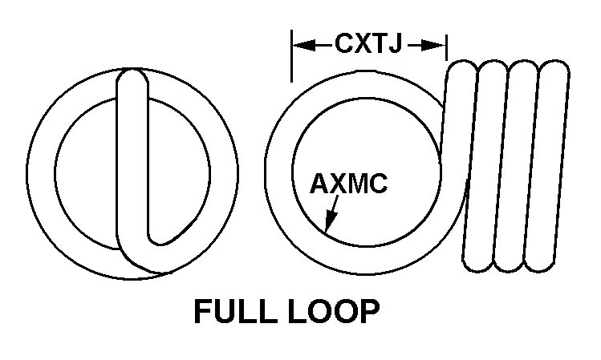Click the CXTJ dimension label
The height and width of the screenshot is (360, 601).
click(x=368, y=43)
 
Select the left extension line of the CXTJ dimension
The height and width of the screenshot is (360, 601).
click(x=292, y=56)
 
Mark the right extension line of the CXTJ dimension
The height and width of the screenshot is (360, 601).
click(x=446, y=47)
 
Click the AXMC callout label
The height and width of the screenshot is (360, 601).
click(x=348, y=184)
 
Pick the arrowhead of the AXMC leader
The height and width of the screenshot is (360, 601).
click(x=330, y=221)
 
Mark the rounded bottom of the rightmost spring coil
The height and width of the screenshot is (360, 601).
click(x=539, y=265)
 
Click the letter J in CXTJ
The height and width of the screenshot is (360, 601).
click(x=394, y=44)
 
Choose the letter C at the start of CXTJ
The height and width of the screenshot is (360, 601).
click(x=344, y=43)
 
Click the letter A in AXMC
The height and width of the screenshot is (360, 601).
click(x=319, y=184)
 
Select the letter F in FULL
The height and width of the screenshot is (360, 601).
click(x=203, y=311)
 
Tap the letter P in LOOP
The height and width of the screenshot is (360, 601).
click(x=371, y=311)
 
